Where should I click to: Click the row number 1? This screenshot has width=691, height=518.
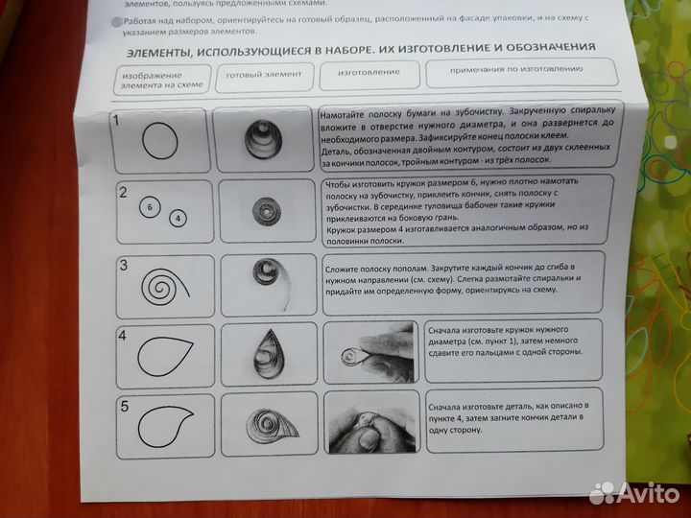click(116, 120)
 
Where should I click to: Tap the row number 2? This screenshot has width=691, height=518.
click(123, 192)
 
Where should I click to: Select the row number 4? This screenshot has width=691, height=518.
click(122, 335)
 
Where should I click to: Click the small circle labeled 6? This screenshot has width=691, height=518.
click(150, 206)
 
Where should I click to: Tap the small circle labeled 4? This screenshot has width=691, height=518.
click(179, 218)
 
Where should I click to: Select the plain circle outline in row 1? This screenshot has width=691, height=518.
click(160, 142)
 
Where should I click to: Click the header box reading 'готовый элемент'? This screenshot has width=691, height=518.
click(264, 74)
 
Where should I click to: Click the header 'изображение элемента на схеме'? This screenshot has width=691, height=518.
click(157, 80)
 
